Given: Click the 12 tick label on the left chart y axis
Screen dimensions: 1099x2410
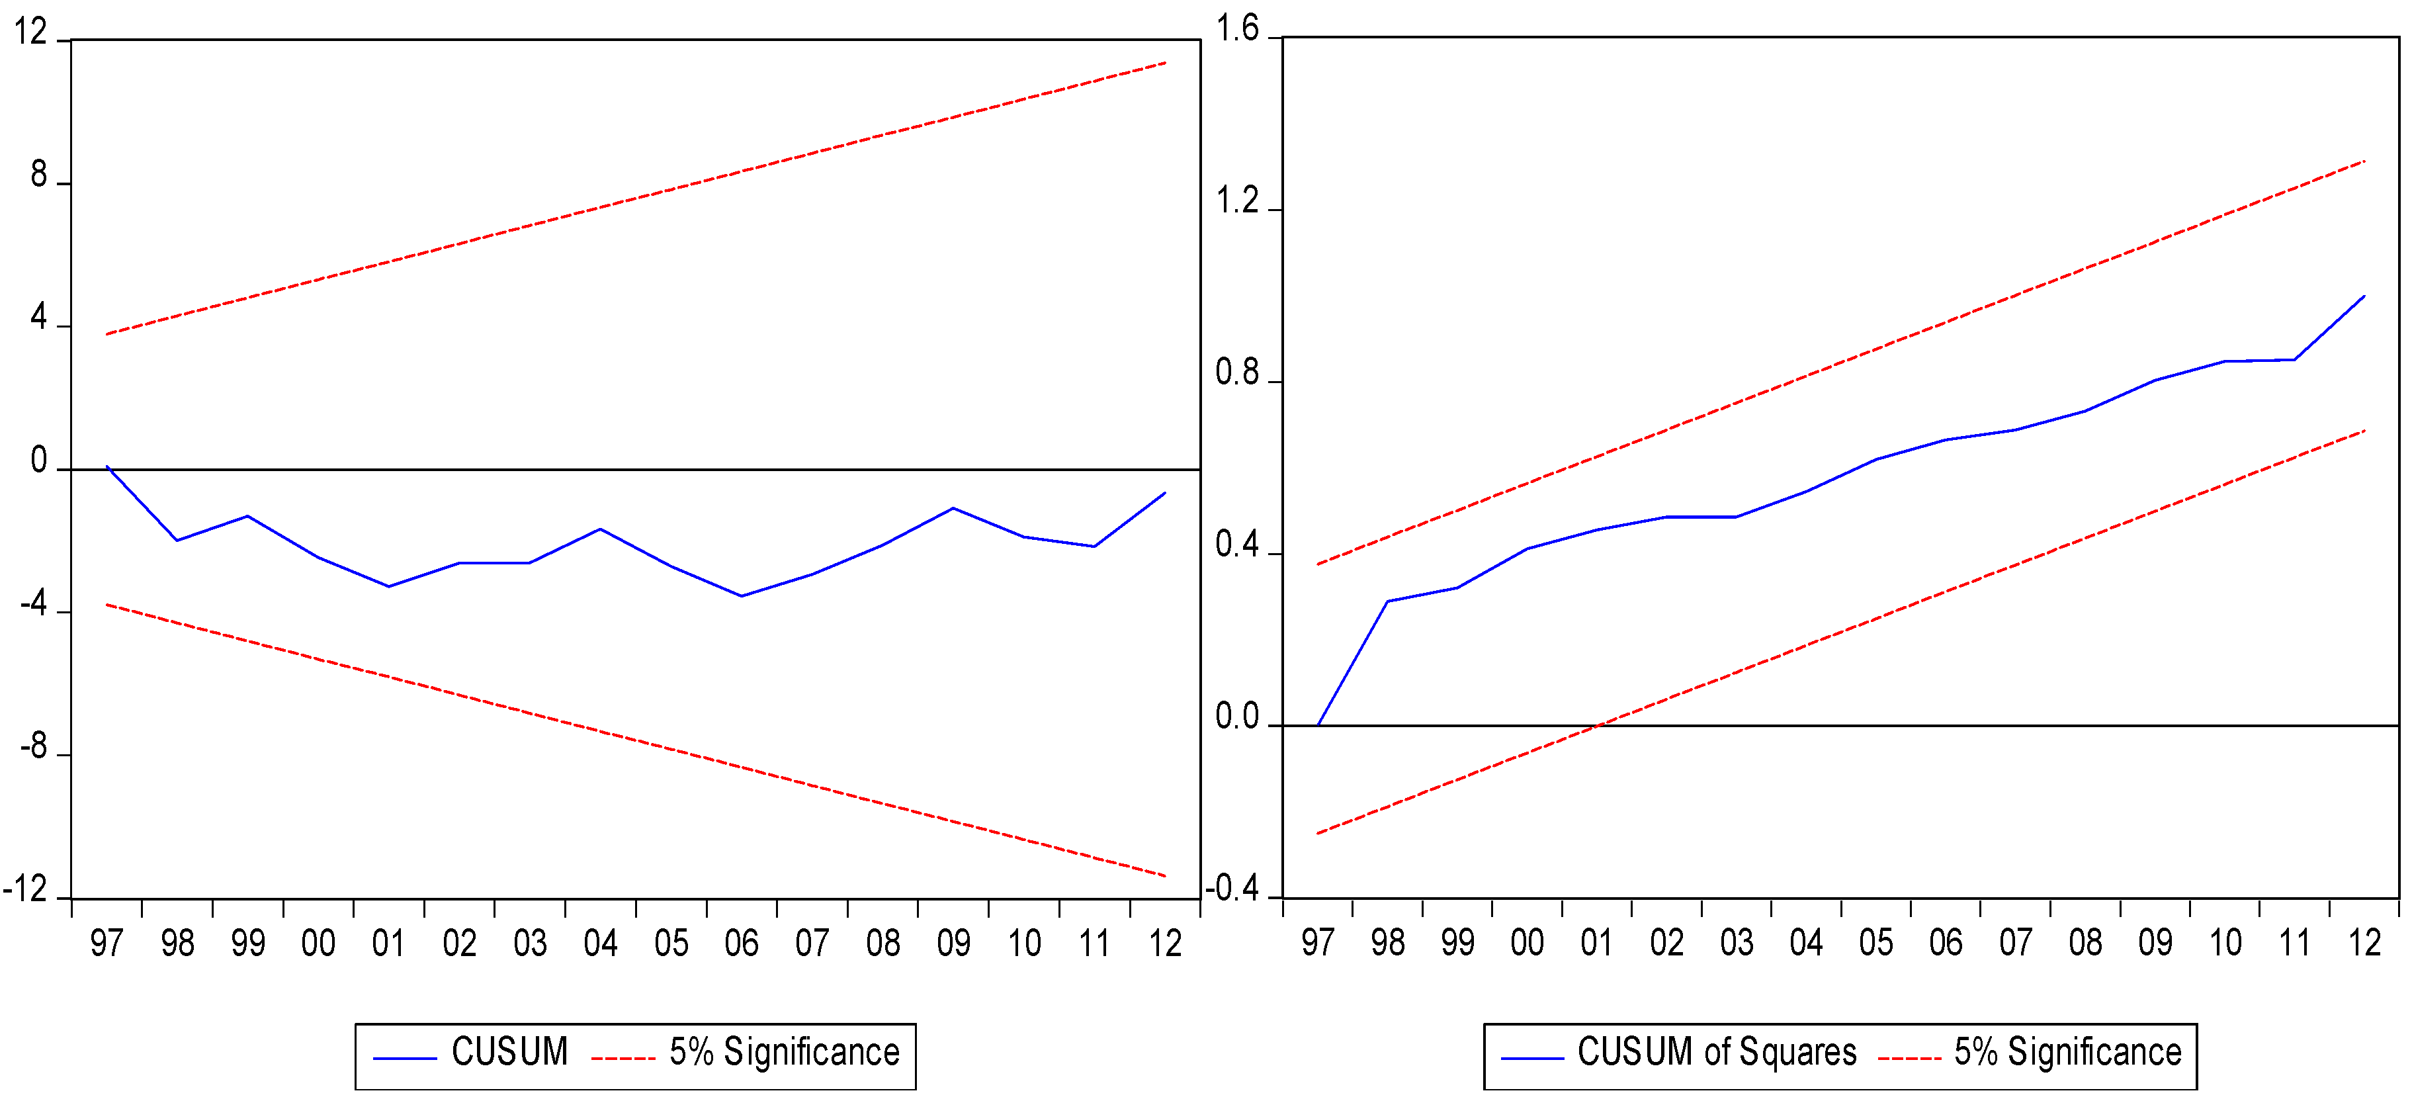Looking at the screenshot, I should click(x=30, y=32).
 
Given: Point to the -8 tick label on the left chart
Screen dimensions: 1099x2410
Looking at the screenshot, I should click(x=34, y=746).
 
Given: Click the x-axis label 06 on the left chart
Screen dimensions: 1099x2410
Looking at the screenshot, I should click(x=741, y=943).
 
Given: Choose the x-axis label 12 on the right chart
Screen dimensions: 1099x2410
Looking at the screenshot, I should click(x=2364, y=942).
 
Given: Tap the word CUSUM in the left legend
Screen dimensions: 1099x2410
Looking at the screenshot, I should click(x=510, y=1052).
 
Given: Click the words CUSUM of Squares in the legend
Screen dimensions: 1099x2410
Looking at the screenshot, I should click(x=1716, y=1052).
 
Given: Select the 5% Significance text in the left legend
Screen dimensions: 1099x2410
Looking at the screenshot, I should click(x=784, y=1052).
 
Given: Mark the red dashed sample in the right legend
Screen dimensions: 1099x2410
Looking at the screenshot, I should click(x=1909, y=1059).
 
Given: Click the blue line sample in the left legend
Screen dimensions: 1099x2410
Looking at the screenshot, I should click(x=405, y=1059).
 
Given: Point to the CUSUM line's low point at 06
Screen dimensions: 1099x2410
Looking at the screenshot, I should click(x=741, y=595).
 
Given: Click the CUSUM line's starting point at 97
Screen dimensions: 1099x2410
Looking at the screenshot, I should click(x=108, y=466).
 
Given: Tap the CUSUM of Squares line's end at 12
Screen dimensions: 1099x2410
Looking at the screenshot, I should click(x=2364, y=296).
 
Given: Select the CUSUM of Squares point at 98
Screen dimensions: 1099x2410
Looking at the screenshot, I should click(x=1387, y=601).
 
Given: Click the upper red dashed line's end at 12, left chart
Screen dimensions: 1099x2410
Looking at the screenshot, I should click(x=1165, y=63).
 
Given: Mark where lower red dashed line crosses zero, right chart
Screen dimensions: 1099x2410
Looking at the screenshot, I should click(x=1598, y=725).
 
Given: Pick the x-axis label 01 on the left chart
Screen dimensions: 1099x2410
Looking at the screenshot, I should click(x=388, y=943).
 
